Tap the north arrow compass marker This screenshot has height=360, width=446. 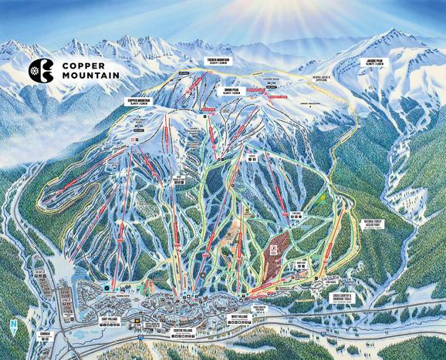[x=13, y=326]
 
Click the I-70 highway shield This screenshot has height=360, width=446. [x=140, y=337]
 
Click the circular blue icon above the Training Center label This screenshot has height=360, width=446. [x=106, y=288]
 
